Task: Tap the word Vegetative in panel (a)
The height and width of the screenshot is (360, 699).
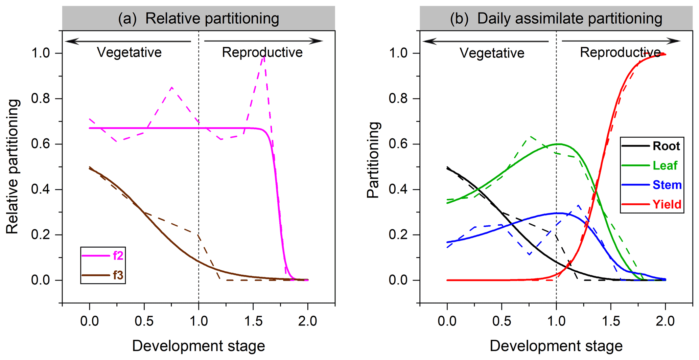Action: click(129, 52)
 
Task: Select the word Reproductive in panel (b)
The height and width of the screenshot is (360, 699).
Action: click(620, 52)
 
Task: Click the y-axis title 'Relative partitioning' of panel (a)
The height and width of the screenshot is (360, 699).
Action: click(12, 166)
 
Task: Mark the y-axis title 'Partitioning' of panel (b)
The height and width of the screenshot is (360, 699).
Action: click(373, 160)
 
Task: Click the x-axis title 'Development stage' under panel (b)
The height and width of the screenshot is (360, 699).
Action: click(556, 346)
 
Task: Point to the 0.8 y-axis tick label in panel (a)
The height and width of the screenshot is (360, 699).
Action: click(41, 98)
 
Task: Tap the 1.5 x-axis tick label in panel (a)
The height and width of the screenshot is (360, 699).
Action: click(253, 321)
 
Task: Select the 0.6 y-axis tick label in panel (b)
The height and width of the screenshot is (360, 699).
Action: click(398, 144)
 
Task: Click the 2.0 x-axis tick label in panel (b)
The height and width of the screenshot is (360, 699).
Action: click(665, 321)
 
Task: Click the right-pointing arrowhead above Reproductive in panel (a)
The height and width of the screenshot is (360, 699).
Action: click(317, 41)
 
